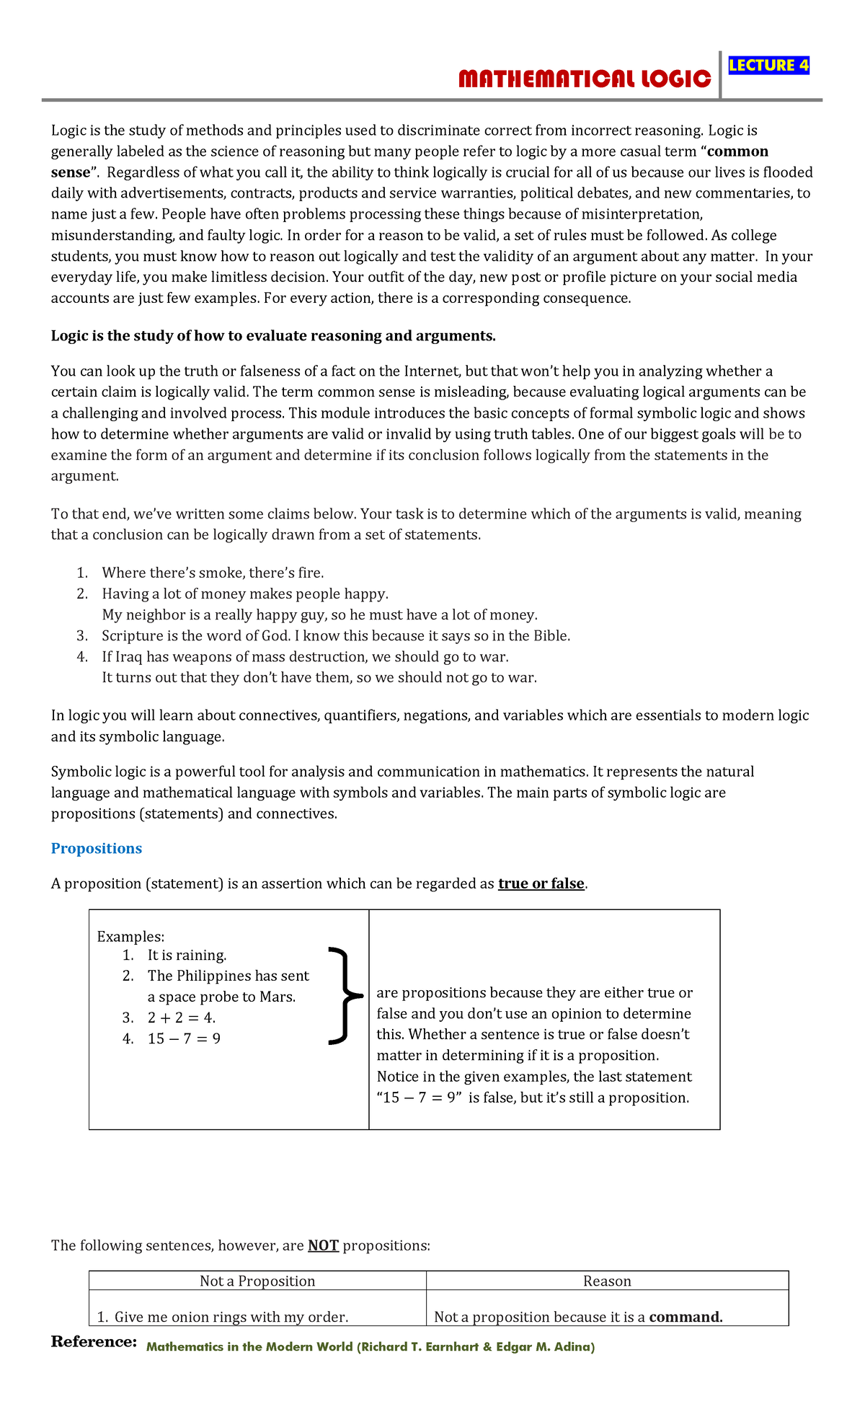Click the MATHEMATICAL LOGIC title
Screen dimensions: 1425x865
tap(585, 79)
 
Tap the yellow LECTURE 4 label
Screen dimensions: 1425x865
tap(768, 66)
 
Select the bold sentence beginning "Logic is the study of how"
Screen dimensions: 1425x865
tap(273, 336)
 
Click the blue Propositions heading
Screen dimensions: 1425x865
tap(96, 848)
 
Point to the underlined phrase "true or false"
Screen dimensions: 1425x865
tap(541, 883)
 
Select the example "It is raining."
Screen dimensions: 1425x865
tap(187, 955)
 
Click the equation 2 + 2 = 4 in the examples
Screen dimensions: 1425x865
tap(181, 1018)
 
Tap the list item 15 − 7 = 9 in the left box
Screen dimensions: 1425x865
tap(184, 1038)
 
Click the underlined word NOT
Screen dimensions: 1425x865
tap(323, 1245)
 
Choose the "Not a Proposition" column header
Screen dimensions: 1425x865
tap(257, 1281)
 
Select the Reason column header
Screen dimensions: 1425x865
tap(607, 1281)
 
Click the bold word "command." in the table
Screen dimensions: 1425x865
tap(686, 1317)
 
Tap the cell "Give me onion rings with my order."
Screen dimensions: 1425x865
tap(231, 1317)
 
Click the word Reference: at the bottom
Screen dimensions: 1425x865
tap(94, 1342)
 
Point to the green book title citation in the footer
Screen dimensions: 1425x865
tap(371, 1346)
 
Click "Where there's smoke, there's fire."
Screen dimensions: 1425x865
tap(213, 573)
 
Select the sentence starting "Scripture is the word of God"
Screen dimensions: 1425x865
tap(336, 635)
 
